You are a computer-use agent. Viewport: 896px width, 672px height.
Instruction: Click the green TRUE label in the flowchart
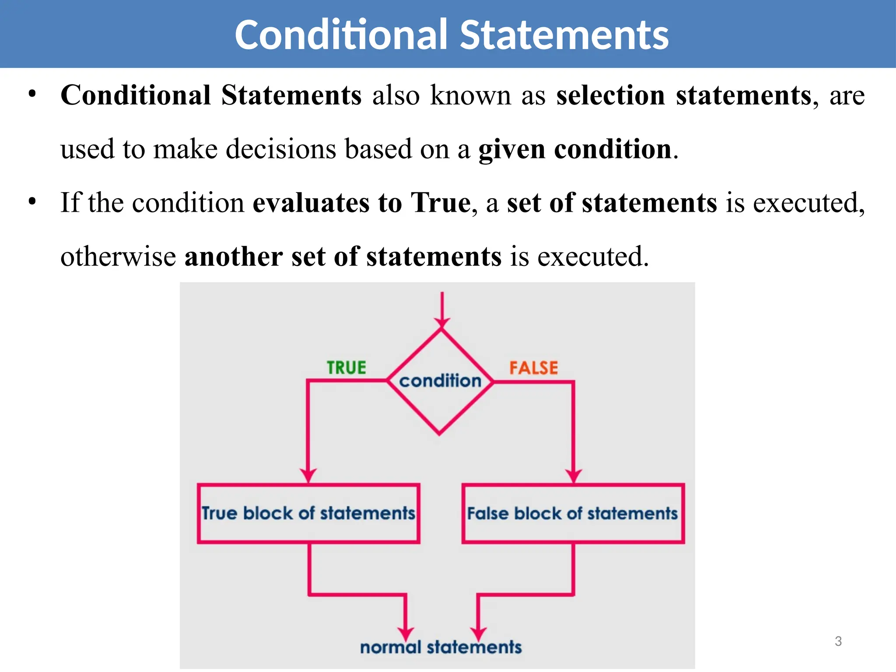pyautogui.click(x=346, y=367)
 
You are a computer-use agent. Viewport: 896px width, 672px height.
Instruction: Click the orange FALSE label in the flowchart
pyautogui.click(x=533, y=368)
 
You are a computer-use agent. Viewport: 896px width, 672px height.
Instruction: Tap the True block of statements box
pyautogui.click(x=308, y=513)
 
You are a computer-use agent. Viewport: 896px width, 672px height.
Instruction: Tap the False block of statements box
pyautogui.click(x=573, y=513)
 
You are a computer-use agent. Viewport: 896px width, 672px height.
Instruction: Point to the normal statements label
pyautogui.click(x=441, y=647)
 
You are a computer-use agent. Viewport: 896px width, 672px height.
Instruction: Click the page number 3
pyautogui.click(x=838, y=641)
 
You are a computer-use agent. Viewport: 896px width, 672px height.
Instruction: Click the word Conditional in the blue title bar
pyautogui.click(x=341, y=35)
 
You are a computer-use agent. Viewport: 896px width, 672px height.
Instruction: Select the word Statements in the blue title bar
pyautogui.click(x=564, y=35)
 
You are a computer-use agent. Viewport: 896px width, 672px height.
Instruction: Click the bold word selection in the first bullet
pyautogui.click(x=610, y=95)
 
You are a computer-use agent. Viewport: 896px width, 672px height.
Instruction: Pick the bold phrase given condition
pyautogui.click(x=574, y=149)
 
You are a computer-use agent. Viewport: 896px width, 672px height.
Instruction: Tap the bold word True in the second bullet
pyautogui.click(x=441, y=203)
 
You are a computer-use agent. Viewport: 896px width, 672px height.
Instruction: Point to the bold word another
pyautogui.click(x=233, y=256)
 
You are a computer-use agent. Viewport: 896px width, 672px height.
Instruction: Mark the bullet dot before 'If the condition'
pyautogui.click(x=32, y=202)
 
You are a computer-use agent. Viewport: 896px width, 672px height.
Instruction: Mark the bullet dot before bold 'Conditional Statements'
pyautogui.click(x=32, y=94)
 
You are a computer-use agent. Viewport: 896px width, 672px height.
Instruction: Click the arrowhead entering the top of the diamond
pyautogui.click(x=442, y=323)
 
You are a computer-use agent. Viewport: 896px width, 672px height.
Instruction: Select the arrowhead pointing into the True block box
pyautogui.click(x=308, y=476)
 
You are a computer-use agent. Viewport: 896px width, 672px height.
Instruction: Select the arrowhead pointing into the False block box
pyautogui.click(x=573, y=476)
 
